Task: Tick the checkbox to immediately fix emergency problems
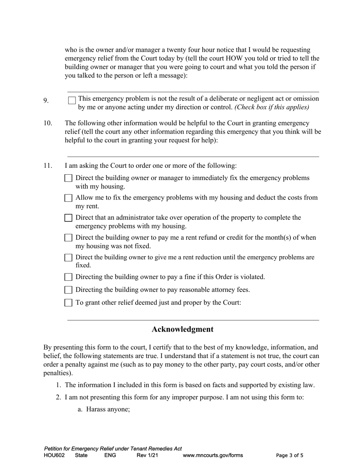tap(68, 178)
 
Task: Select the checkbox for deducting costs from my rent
tap(68, 198)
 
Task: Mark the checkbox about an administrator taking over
tap(68, 218)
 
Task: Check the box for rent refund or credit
tap(68, 238)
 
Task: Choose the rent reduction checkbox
tap(68, 257)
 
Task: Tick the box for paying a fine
tap(68, 277)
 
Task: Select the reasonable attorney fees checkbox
tap(68, 290)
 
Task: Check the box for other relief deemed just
tap(68, 303)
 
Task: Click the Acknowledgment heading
tap(182, 329)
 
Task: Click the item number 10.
tap(48, 123)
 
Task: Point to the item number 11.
tap(48, 166)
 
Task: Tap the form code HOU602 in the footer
tap(54, 456)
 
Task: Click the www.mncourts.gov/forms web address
tap(213, 456)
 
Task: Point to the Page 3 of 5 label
tap(290, 456)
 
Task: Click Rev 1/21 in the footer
tap(147, 456)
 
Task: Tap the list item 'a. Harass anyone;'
tap(104, 409)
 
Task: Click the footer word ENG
tap(110, 456)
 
